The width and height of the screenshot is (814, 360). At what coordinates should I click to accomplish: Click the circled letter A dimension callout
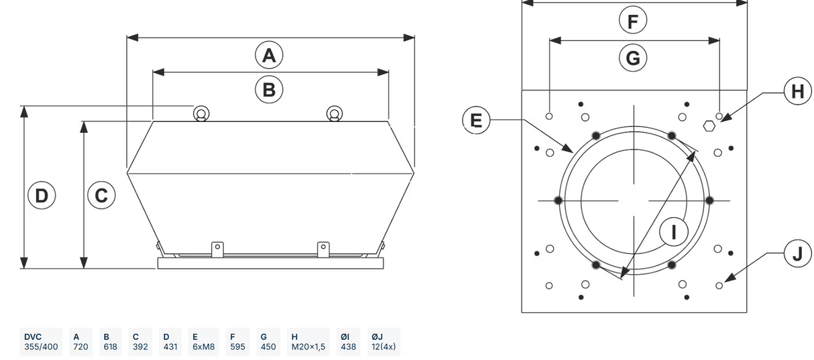coord(269,55)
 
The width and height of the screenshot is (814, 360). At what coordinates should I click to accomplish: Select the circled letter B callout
coord(269,89)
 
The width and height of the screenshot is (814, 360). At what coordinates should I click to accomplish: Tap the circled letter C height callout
coord(101,195)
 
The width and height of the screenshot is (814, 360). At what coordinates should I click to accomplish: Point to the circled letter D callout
coord(42,196)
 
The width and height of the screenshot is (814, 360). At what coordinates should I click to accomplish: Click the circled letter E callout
coord(476,120)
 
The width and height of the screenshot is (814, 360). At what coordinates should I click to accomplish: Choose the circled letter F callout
coord(633,21)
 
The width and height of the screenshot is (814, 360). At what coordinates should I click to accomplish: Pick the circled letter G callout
coord(633,58)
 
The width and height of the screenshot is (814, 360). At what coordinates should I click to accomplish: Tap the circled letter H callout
coord(798,91)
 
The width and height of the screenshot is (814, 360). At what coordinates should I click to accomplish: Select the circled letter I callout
coord(674,232)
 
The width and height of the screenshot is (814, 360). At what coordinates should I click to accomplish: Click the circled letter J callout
coord(798,253)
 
